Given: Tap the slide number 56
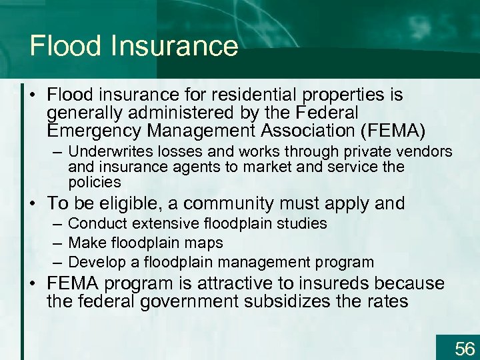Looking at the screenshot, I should pos(464,348).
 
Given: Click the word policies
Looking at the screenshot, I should pos(95,182).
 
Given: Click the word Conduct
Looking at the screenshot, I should pos(95,223).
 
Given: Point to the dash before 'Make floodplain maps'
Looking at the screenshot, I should pos(57,243).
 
